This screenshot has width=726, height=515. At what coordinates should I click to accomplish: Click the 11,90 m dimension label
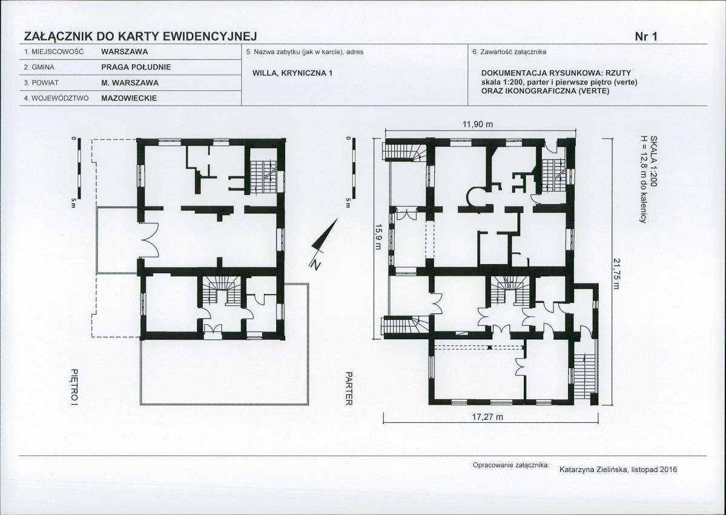click(478, 124)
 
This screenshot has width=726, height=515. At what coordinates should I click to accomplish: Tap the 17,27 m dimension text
click(487, 417)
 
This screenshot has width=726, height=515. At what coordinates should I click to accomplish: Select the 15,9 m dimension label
click(378, 237)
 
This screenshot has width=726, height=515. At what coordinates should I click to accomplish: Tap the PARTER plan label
click(349, 388)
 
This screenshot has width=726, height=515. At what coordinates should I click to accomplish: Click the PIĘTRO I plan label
click(74, 387)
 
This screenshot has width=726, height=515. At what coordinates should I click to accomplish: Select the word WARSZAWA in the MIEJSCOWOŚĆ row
click(125, 52)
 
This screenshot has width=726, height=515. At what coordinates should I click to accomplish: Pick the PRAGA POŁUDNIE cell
click(136, 67)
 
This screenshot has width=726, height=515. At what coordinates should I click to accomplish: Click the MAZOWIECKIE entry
click(129, 98)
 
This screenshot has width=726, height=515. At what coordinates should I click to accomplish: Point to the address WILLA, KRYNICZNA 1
click(292, 73)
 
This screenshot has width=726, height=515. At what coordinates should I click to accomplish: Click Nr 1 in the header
click(646, 36)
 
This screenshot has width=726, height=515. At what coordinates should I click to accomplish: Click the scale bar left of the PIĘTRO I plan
click(79, 168)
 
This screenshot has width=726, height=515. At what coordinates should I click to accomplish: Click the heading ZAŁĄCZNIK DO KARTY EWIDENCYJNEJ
click(140, 36)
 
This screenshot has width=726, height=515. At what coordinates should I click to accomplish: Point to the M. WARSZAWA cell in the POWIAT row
click(130, 83)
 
